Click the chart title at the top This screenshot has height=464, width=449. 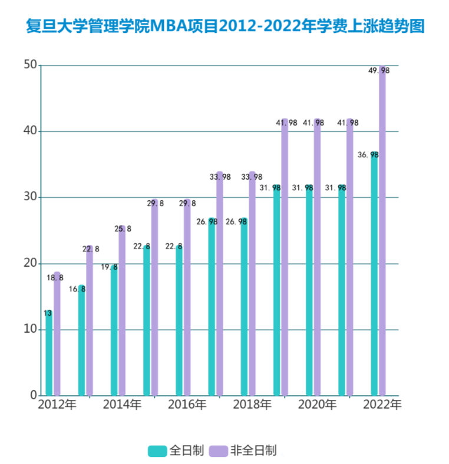225,26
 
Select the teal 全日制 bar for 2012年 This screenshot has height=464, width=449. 49,353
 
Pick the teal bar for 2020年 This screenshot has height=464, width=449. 309,291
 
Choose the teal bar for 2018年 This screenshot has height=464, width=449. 244,306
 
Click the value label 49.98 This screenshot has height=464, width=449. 379,71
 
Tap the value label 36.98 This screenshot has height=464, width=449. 368,155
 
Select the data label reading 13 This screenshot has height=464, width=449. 48,313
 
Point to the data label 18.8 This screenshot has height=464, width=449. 54,277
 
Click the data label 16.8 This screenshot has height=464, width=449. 77,289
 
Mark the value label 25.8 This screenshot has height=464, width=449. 122,229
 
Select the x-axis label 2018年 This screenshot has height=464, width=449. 252,406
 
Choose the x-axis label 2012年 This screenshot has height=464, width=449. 57,406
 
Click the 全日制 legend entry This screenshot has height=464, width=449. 175,451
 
